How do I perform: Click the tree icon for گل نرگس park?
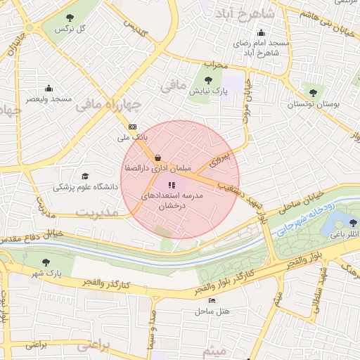(x=69, y=18)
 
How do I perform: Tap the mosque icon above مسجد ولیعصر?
(x=49, y=88)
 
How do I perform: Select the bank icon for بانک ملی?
(x=133, y=127)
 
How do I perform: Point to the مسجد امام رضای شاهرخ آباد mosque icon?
(x=262, y=32)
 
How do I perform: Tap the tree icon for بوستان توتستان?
(x=313, y=93)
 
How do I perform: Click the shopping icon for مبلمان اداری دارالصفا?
(x=156, y=158)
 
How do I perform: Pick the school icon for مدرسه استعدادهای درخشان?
(x=172, y=185)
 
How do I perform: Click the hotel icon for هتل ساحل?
(x=212, y=300)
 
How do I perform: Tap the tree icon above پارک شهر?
(x=46, y=263)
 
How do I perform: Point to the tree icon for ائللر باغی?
(x=345, y=222)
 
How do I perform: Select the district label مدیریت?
(x=98, y=212)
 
